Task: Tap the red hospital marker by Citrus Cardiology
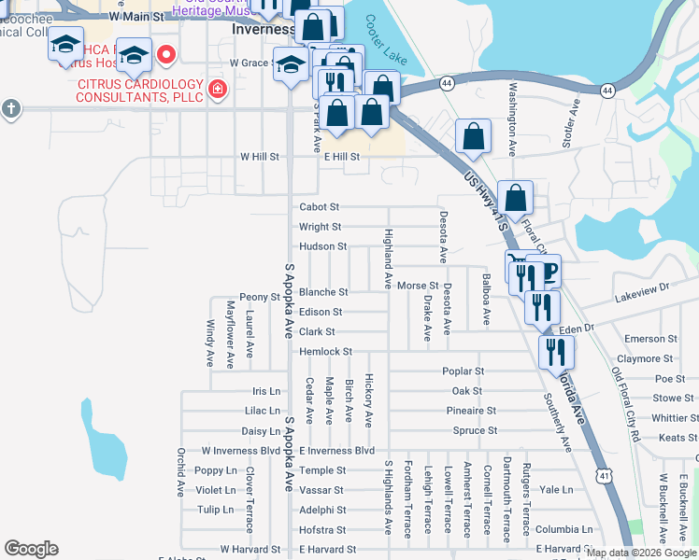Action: [218, 91]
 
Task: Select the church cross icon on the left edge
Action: [10, 108]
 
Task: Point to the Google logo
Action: [31, 549]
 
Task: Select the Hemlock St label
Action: [325, 352]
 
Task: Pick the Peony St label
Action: [259, 297]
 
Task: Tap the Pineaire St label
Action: [470, 411]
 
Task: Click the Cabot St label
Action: [319, 207]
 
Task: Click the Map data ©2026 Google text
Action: [640, 553]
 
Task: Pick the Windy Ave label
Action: [209, 343]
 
